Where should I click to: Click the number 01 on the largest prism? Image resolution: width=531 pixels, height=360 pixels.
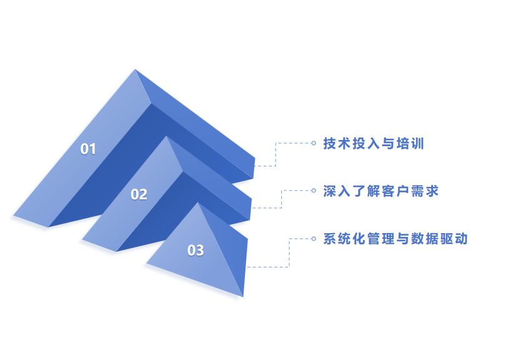point(89,149)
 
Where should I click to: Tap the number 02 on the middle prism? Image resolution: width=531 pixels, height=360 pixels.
point(139,194)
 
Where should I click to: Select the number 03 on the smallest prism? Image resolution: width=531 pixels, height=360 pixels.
point(196,250)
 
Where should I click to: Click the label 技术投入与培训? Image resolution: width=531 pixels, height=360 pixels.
point(374,143)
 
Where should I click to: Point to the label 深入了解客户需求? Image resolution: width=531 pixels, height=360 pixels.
point(381,191)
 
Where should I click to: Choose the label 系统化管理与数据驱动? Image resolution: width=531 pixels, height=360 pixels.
point(395,238)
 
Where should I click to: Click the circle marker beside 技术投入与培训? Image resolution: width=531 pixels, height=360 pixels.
point(314,143)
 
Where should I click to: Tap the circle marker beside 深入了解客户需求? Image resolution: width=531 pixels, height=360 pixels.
point(314,191)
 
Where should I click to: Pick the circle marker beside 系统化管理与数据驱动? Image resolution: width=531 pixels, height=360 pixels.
point(314,238)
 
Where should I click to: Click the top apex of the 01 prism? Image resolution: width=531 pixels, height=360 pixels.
point(135,69)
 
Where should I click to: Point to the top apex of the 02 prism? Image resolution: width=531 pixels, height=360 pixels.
point(167,137)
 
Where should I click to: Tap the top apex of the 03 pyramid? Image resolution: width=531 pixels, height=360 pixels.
point(199,203)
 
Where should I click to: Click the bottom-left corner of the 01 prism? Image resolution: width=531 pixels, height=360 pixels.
point(14,216)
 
